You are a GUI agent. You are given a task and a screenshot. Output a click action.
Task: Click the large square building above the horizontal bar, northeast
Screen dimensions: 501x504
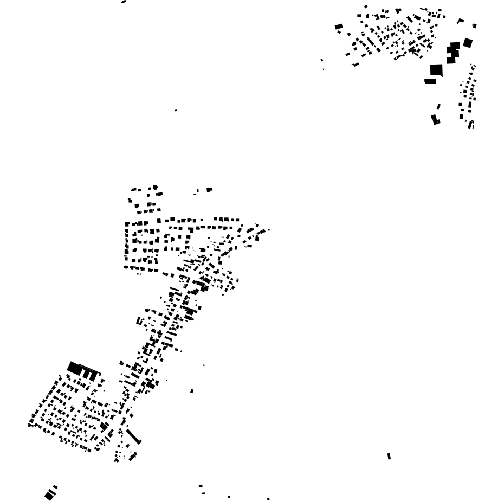pyautogui.click(x=436, y=70)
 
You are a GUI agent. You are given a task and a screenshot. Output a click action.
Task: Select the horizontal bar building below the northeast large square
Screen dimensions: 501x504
pyautogui.click(x=430, y=81)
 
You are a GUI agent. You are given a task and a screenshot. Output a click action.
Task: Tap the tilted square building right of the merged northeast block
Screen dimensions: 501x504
pyautogui.click(x=468, y=43)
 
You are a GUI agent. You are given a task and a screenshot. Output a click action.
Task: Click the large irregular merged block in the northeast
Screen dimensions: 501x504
pyautogui.click(x=453, y=53)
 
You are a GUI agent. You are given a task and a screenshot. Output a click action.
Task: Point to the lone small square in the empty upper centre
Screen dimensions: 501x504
pyautogui.click(x=176, y=110)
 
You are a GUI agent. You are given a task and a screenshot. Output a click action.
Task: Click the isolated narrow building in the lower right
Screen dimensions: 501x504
pyautogui.click(x=389, y=457)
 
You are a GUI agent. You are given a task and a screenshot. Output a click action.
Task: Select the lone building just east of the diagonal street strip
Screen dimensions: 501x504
pyautogui.click(x=192, y=391)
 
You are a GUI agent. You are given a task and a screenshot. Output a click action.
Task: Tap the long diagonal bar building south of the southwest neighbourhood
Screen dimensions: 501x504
pyautogui.click(x=133, y=436)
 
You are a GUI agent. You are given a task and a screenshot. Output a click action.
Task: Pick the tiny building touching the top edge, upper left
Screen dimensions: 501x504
pyautogui.click(x=124, y=2)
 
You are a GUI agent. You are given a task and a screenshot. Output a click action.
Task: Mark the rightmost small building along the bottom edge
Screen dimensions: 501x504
pyautogui.click(x=268, y=499)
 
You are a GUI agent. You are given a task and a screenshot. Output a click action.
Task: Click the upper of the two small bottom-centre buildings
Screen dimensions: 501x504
pyautogui.click(x=201, y=486)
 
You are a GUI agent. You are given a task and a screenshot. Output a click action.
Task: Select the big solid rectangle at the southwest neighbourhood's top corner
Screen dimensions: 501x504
pyautogui.click(x=75, y=369)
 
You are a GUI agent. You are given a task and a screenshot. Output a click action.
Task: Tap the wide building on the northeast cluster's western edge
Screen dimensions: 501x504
pyautogui.click(x=339, y=27)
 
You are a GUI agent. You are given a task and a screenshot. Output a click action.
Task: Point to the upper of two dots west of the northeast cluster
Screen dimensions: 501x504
pyautogui.click(x=321, y=60)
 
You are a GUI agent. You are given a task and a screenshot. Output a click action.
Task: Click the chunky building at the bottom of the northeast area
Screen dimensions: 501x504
pyautogui.click(x=435, y=120)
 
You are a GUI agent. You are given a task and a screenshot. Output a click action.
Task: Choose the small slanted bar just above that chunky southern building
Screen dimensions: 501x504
pyautogui.click(x=438, y=107)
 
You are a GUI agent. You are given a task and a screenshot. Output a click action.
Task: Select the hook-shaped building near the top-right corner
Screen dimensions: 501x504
pyautogui.click(x=460, y=21)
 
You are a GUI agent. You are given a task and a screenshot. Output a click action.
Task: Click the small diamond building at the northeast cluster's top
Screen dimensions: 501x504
pyautogui.click(x=366, y=7)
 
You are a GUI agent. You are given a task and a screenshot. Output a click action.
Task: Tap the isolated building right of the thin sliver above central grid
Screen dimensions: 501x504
pyautogui.click(x=209, y=190)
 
